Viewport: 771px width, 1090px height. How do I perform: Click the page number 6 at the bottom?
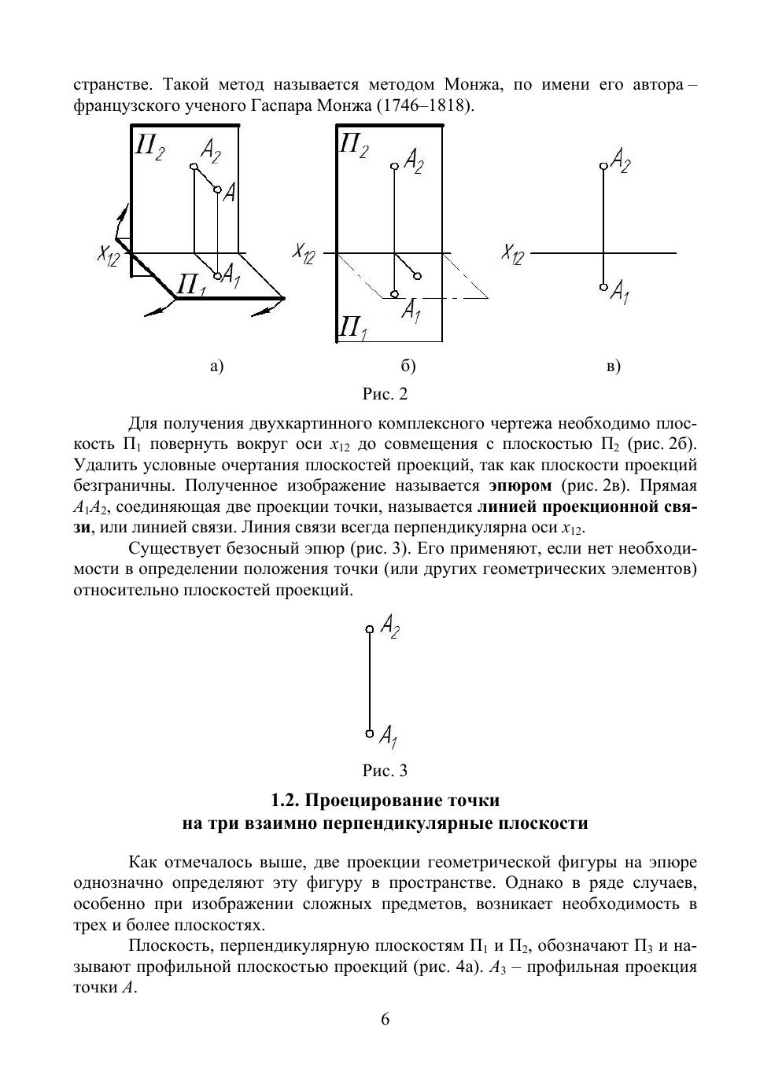(385, 1019)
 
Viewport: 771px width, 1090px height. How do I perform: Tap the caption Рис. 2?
(385, 393)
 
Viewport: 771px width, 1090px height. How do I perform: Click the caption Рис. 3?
(385, 770)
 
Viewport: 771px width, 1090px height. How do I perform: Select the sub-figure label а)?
(217, 366)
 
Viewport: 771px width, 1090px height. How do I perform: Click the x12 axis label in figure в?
(512, 254)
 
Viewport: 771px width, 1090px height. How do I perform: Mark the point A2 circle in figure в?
(603, 166)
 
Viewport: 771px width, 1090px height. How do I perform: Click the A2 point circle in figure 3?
(370, 629)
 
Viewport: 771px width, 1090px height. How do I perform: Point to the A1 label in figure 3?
(389, 736)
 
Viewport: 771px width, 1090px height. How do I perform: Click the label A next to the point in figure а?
(229, 193)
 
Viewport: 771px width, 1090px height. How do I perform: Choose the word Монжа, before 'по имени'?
(471, 83)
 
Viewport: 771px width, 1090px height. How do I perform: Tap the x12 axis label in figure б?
(304, 252)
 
